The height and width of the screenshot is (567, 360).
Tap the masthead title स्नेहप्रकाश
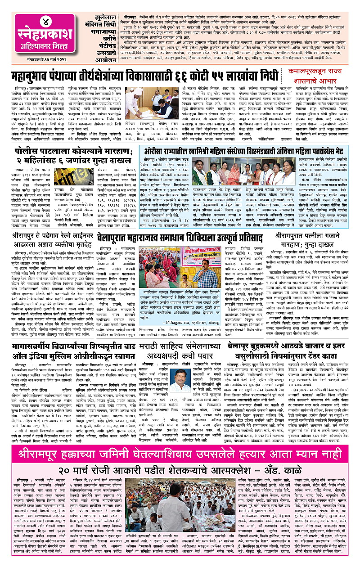pyautogui.click(x=45, y=36)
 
